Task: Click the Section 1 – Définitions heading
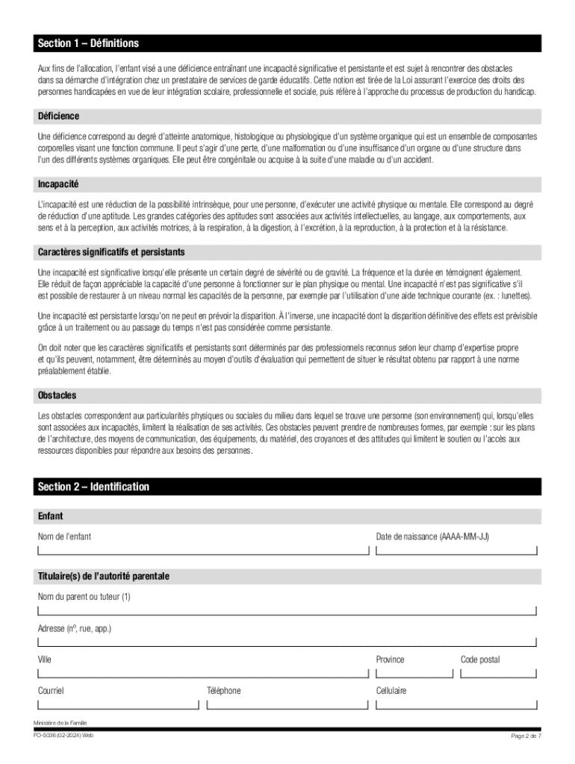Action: tap(88, 43)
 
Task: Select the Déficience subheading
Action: tap(58, 116)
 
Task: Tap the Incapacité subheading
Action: tap(58, 184)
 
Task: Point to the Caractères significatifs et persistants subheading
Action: tap(111, 252)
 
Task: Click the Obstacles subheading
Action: tap(57, 395)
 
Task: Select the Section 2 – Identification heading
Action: tap(93, 487)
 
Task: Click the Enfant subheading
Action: tap(51, 516)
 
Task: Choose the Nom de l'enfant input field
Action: tap(203, 550)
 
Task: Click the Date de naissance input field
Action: tap(456, 550)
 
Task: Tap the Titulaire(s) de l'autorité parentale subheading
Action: tap(104, 577)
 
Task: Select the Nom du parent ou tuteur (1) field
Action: tap(287, 610)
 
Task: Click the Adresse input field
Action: tap(287, 641)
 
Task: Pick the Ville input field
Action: tap(203, 672)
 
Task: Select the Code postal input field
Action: tap(498, 672)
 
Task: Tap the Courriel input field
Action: tap(119, 704)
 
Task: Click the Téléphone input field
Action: tap(287, 704)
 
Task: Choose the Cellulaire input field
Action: tap(456, 704)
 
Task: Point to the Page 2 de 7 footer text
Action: tap(526, 736)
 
